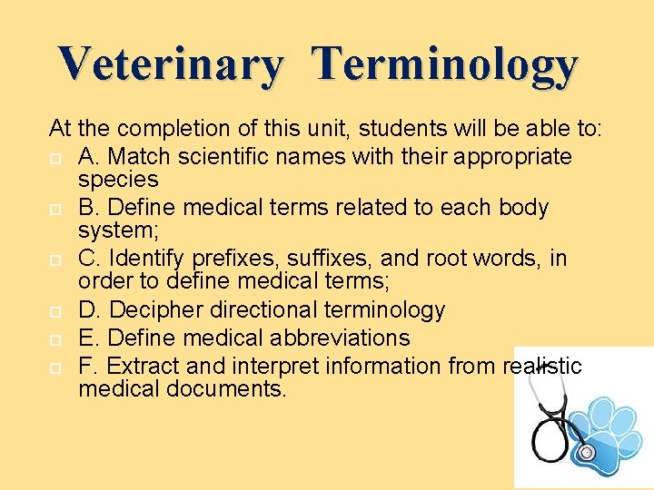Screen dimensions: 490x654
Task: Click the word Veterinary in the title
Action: tap(170, 64)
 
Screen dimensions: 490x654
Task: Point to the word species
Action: tap(118, 180)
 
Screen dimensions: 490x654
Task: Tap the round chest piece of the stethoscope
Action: tap(587, 451)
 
